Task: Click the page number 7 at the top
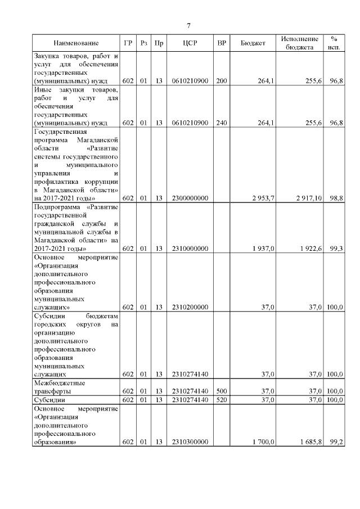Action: click(x=188, y=26)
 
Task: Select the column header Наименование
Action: click(x=76, y=43)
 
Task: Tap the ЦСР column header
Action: click(x=190, y=43)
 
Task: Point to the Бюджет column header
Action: click(x=253, y=43)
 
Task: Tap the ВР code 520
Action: click(x=222, y=399)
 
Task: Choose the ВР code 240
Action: click(x=222, y=123)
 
